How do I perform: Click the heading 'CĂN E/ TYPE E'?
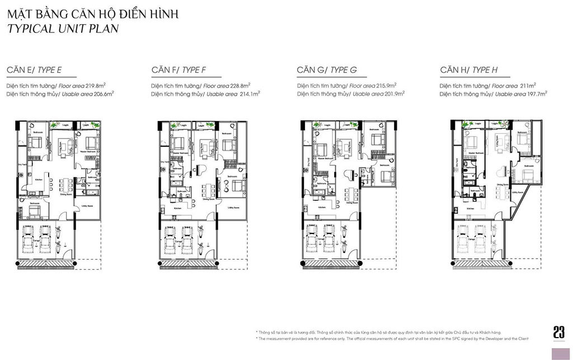(34, 70)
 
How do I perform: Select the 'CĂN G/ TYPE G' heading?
(327, 70)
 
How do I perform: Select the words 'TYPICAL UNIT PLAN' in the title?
(63, 29)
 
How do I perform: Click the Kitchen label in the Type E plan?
(39, 179)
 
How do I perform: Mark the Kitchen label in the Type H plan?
(471, 208)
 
